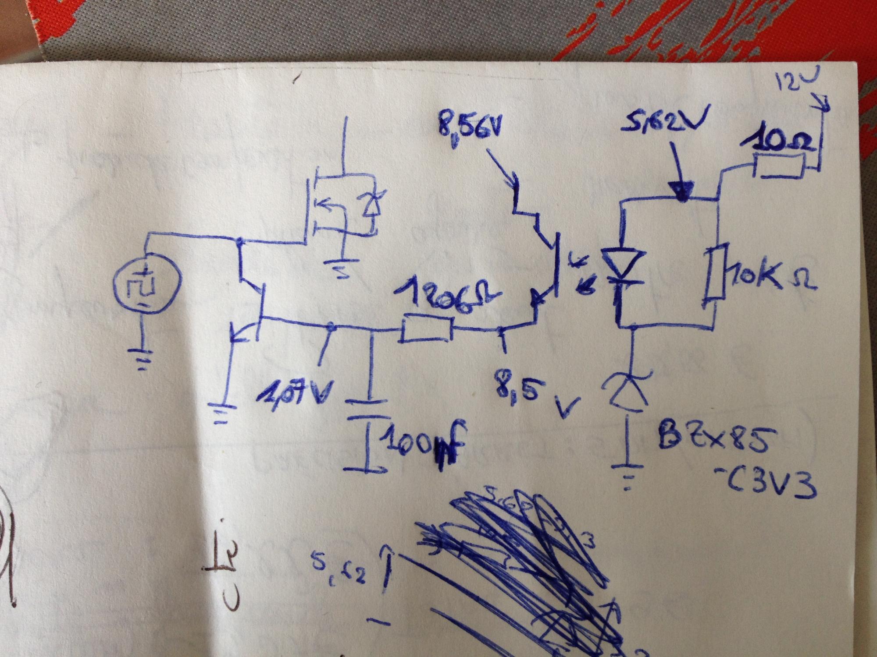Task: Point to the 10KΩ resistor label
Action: point(772,282)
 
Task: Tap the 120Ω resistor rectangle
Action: point(426,328)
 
